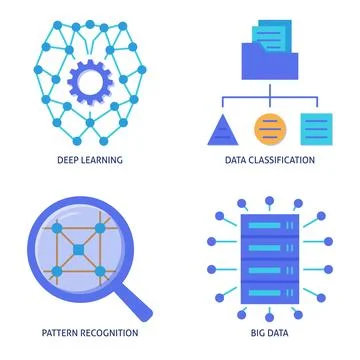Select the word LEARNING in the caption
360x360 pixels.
(x=100, y=159)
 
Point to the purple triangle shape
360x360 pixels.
(x=221, y=128)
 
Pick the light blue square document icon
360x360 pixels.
(x=315, y=128)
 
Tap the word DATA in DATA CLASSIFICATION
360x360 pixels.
(x=236, y=159)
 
